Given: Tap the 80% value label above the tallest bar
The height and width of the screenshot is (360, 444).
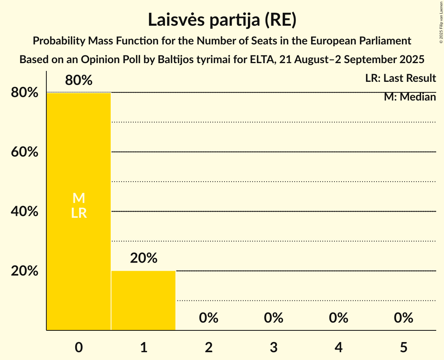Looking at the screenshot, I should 79,81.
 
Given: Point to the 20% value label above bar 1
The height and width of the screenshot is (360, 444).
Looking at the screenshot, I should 143,258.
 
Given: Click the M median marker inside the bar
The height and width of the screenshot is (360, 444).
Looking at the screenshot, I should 79,198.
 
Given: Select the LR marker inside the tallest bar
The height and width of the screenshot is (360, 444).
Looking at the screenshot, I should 79,213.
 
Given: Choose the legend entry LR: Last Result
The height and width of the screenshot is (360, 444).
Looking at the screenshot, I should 400,78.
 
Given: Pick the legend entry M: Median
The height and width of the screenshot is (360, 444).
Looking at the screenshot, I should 410,97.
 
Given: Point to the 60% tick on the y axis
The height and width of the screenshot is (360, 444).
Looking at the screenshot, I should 25,152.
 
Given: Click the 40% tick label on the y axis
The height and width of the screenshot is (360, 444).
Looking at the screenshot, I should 25,212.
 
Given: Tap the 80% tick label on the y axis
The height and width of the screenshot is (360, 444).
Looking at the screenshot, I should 25,93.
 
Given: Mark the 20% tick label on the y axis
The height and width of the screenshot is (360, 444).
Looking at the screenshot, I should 25,271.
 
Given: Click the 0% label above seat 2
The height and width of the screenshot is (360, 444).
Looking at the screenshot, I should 209,318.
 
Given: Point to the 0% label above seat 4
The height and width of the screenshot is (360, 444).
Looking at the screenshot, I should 338,318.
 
